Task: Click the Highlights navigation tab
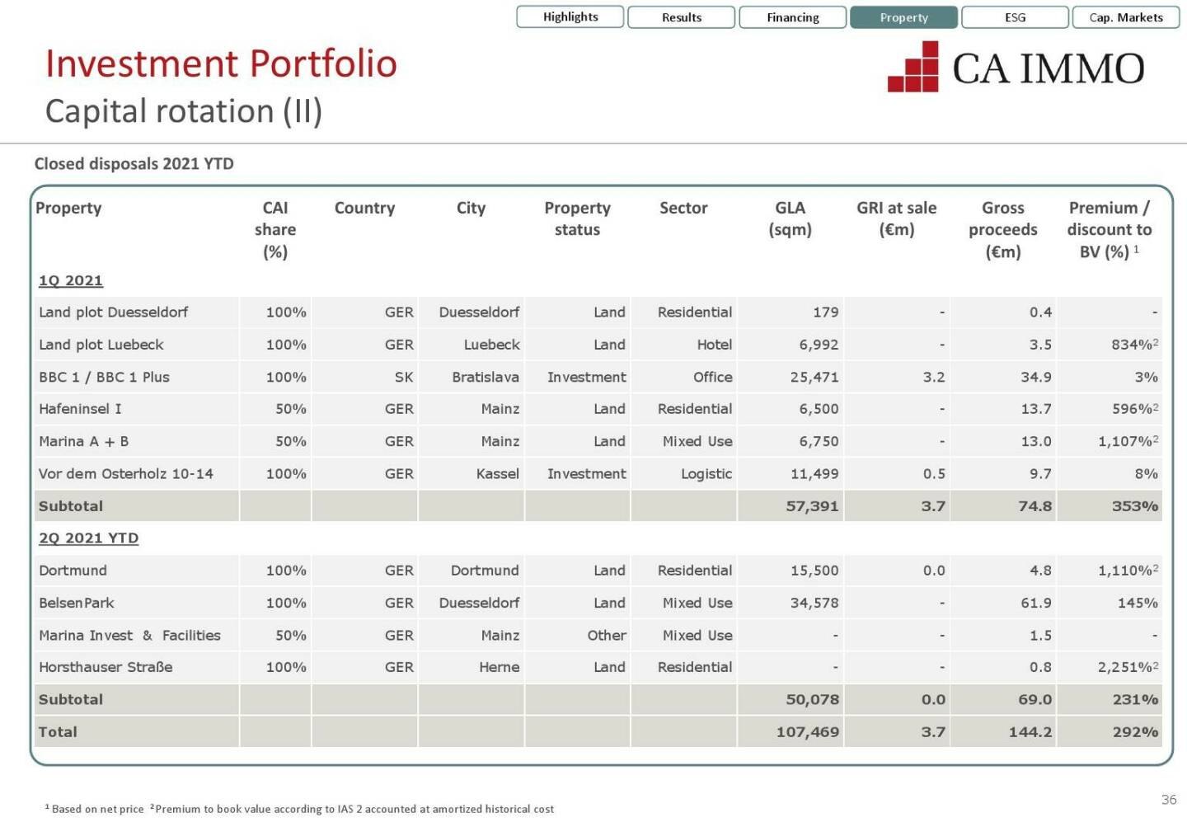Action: [x=570, y=16]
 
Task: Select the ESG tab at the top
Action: [x=1015, y=17]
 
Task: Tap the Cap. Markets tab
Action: [x=1126, y=17]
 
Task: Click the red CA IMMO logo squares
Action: [x=914, y=68]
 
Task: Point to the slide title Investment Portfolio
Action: [x=221, y=63]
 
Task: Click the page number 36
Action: [x=1169, y=799]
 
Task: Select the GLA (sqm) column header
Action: [x=790, y=218]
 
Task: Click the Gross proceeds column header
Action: [x=1002, y=229]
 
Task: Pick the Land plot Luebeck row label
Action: [x=101, y=345]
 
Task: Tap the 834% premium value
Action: [x=1131, y=345]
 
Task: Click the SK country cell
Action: [x=404, y=377]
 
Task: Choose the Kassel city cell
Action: [x=498, y=474]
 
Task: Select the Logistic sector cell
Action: [x=706, y=474]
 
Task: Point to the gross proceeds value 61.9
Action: [x=1036, y=603]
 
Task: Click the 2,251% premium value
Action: [x=1125, y=667]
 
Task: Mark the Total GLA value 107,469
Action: [x=808, y=732]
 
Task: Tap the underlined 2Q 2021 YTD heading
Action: [x=88, y=538]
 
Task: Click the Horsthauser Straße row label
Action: [x=106, y=667]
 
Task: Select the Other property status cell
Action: [x=607, y=635]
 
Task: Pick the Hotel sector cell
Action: [x=715, y=345]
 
